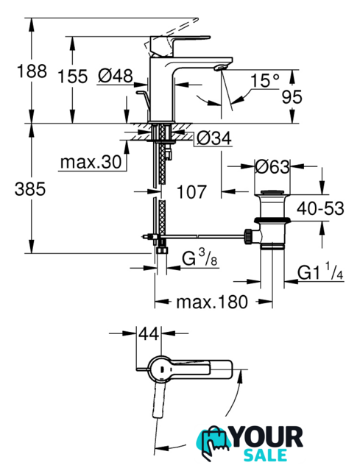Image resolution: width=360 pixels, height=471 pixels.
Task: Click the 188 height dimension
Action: click(32, 72)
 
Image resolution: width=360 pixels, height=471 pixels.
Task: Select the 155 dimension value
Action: click(72, 76)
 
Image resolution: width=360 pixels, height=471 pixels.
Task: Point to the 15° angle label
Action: click(264, 80)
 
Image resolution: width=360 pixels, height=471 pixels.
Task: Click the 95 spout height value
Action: click(292, 97)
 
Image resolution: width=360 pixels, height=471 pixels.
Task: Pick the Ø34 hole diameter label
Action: click(214, 138)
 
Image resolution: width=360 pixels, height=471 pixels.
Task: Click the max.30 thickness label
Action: click(91, 162)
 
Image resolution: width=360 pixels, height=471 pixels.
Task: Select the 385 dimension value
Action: click(30, 189)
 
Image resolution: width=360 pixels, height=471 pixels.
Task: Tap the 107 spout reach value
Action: click(191, 192)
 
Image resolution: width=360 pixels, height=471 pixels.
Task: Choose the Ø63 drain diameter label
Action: click(272, 166)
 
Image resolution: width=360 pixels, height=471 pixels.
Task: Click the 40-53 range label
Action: click(320, 208)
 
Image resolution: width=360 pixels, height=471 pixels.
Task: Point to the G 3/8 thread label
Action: click(200, 258)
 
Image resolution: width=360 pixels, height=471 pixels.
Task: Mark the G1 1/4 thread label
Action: click(320, 272)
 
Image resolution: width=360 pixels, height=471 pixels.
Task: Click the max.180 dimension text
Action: click(212, 302)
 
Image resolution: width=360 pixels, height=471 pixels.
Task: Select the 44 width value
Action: click(149, 333)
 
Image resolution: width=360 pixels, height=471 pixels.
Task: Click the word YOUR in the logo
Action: click(267, 437)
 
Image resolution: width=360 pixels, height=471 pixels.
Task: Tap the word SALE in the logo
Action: click(265, 456)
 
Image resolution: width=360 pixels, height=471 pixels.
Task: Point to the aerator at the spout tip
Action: click(219, 67)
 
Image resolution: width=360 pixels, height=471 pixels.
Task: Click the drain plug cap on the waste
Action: click(272, 193)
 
